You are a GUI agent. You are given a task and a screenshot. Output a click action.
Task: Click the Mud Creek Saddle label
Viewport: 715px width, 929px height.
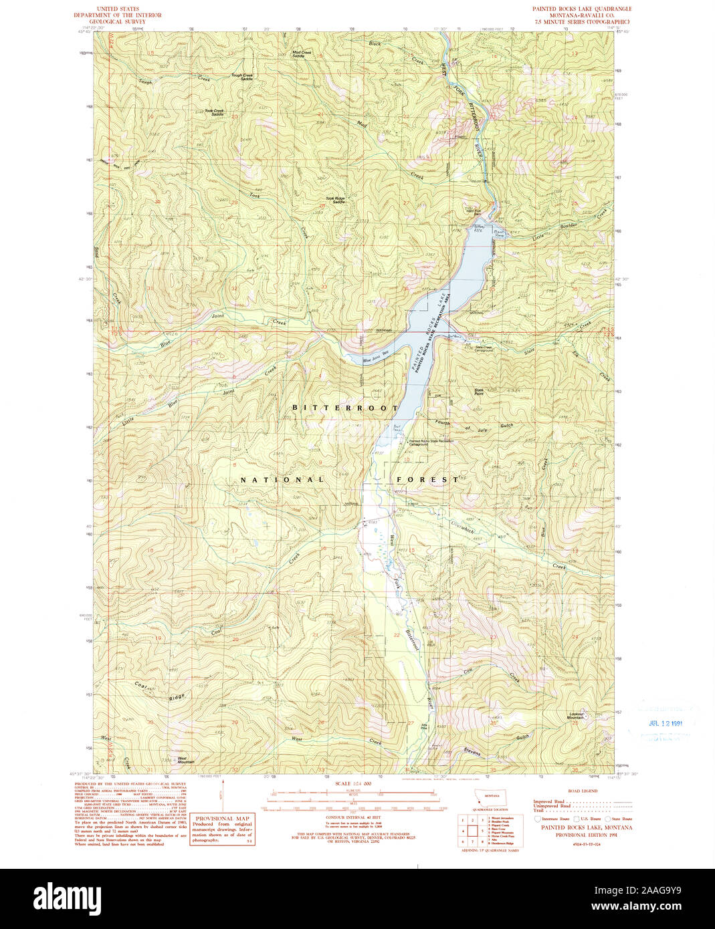tap(302, 54)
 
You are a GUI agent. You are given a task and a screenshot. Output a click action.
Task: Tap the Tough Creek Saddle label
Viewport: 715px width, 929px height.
tap(242, 77)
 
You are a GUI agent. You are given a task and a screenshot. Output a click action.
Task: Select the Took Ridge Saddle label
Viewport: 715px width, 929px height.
tap(335, 200)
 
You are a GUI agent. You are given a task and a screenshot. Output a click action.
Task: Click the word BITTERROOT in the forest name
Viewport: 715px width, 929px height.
tap(345, 408)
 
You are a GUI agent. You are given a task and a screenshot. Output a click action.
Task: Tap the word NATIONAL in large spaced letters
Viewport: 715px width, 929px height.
tap(282, 480)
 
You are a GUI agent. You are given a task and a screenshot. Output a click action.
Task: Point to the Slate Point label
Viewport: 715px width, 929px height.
tap(479, 392)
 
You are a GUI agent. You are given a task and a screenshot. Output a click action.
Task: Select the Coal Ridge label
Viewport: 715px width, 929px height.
tap(159, 692)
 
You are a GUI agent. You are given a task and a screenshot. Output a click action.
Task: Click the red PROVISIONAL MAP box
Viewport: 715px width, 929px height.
tap(221, 829)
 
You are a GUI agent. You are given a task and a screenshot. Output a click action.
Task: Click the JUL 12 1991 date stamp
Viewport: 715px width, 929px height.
tap(666, 723)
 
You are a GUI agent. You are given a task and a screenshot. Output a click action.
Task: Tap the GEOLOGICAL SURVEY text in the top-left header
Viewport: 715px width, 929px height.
tap(117, 21)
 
